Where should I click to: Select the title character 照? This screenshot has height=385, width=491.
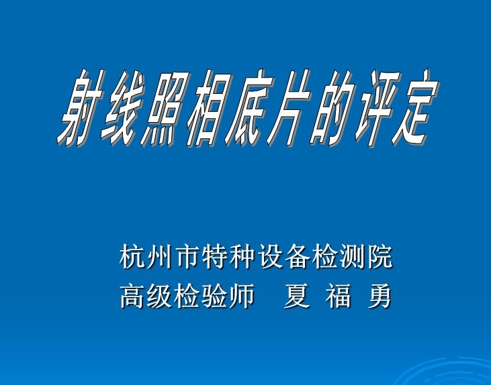[165, 108]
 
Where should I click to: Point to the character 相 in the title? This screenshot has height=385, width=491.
[209, 108]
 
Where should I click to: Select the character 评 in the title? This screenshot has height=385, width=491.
[377, 108]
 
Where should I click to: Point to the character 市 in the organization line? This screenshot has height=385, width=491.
[187, 257]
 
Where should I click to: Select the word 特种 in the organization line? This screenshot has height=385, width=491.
[228, 257]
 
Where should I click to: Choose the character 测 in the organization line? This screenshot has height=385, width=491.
[352, 257]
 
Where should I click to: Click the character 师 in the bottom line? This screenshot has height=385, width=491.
[241, 296]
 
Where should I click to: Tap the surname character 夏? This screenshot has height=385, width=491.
[297, 296]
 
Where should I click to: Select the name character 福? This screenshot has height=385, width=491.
[338, 296]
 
